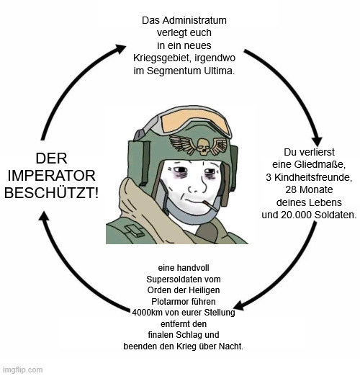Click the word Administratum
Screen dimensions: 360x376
[x=194, y=20]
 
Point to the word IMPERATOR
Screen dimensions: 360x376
[x=52, y=176]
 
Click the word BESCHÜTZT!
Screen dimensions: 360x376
[x=52, y=192]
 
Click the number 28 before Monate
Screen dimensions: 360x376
[x=291, y=189]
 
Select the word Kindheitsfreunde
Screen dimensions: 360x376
[x=313, y=177]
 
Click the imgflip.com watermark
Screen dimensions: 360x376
[x=22, y=370]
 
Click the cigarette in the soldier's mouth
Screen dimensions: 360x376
[x=210, y=205]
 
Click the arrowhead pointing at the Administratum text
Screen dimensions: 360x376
[x=121, y=48]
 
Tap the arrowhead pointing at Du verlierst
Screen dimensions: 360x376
[x=317, y=142]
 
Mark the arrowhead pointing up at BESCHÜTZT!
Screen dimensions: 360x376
[x=44, y=215]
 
